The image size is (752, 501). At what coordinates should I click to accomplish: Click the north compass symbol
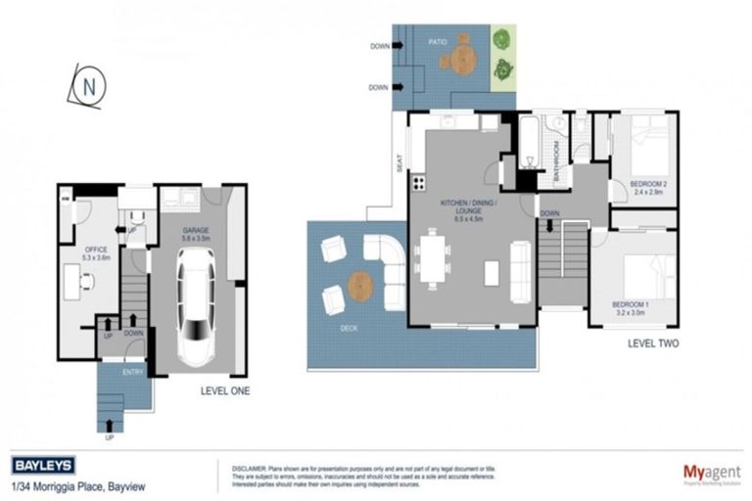point(87,86)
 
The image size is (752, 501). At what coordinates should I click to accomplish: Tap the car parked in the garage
point(196,304)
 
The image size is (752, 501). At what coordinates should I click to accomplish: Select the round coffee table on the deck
point(360,287)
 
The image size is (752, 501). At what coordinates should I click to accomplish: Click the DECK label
point(350,330)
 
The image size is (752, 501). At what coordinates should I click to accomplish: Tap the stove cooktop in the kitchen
point(418,182)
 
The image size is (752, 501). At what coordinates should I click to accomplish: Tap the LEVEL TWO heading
point(652,343)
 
